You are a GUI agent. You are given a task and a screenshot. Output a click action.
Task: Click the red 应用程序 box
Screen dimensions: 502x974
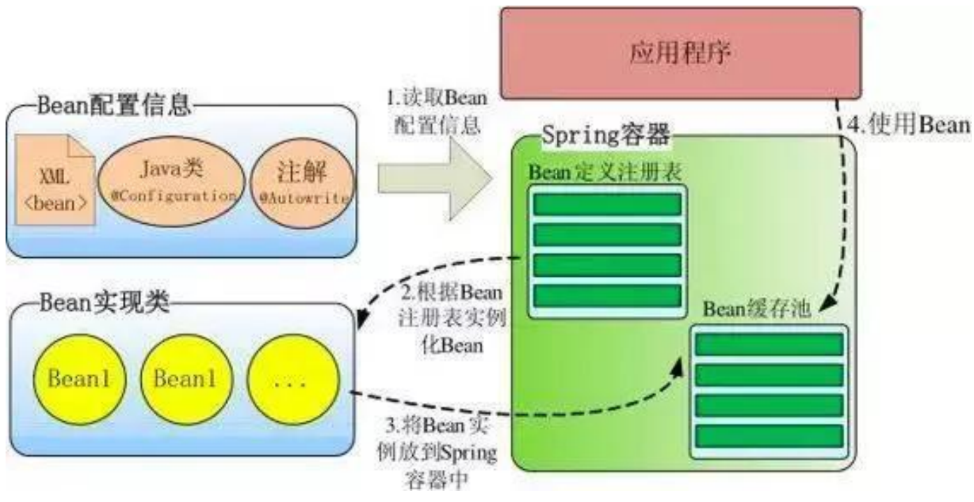pyautogui.click(x=680, y=52)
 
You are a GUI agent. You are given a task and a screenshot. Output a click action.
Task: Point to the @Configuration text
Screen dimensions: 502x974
pyautogui.click(x=172, y=196)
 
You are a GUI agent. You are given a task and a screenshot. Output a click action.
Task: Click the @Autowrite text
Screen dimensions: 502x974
pyautogui.click(x=303, y=199)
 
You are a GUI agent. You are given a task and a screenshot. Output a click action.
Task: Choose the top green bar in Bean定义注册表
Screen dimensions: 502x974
pyautogui.click(x=606, y=204)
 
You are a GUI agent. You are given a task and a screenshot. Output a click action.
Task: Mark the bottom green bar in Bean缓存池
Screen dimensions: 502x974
pyautogui.click(x=769, y=436)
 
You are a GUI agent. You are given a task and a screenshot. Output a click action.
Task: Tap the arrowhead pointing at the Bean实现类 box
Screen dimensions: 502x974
pyautogui.click(x=361, y=321)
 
